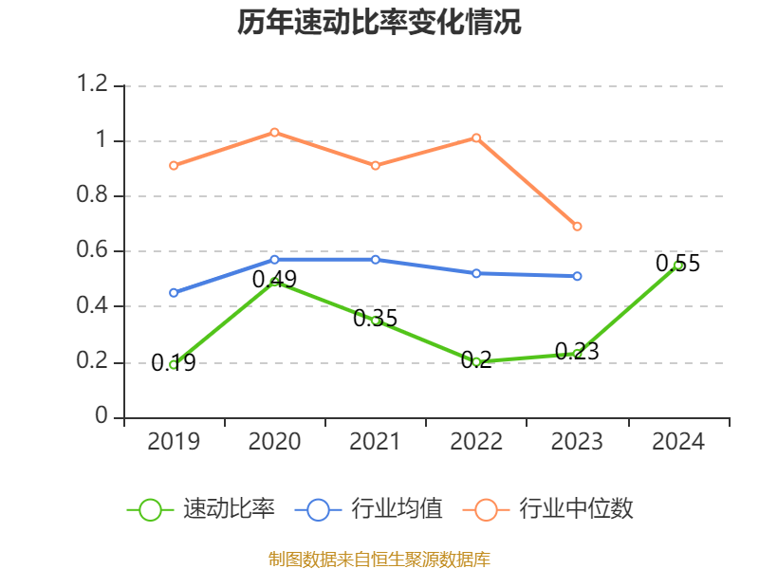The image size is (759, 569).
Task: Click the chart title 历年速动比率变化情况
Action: point(379,23)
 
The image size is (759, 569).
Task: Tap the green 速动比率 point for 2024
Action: point(677,266)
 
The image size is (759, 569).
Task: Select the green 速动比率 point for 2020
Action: point(274,282)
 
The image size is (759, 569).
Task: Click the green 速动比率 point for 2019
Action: point(174,364)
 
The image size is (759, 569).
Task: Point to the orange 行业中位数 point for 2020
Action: point(274,132)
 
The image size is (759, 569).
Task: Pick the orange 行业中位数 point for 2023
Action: point(577,227)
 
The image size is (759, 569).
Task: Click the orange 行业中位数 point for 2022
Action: point(476,138)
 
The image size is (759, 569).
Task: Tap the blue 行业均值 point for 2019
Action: point(174,293)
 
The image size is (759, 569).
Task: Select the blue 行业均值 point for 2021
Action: point(376,260)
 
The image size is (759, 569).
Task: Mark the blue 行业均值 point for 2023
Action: point(577,276)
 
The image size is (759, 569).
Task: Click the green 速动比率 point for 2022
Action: point(476,361)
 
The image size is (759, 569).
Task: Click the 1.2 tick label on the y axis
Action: point(95,85)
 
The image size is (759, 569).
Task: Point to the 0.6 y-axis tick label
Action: point(95,251)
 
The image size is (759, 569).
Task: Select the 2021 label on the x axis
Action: point(376,442)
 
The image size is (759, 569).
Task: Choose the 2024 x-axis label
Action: point(677,442)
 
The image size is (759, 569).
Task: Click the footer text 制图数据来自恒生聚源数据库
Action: point(379,559)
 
